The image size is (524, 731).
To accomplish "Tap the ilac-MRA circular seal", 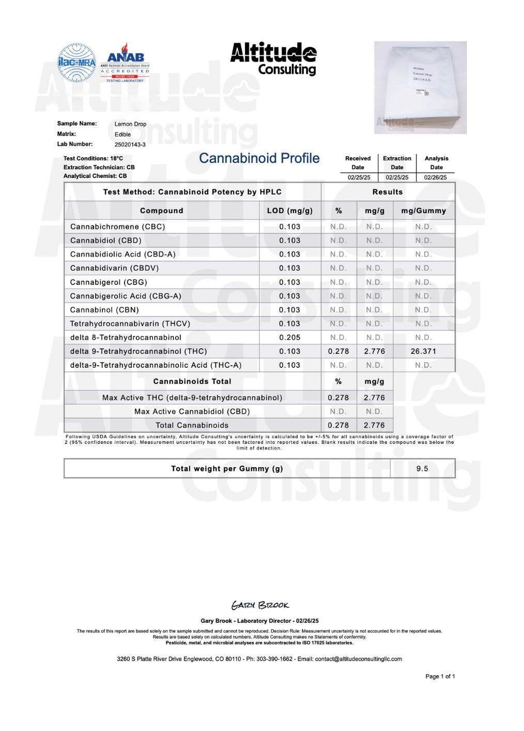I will [76, 63].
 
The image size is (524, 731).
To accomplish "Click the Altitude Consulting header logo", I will [273, 58].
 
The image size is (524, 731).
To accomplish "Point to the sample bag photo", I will [420, 87].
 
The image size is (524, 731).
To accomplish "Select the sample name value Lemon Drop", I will [130, 124].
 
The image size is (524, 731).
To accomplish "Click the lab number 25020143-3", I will [130, 145].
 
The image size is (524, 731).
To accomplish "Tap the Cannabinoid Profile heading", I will [259, 158].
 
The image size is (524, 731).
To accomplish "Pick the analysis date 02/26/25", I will [436, 177].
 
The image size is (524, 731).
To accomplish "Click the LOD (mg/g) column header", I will [289, 211].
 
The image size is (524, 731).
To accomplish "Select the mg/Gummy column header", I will [423, 211].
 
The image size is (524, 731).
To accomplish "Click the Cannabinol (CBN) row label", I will [104, 310].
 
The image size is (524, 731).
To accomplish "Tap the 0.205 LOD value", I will [289, 337].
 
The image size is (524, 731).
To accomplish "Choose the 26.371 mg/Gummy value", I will [423, 351].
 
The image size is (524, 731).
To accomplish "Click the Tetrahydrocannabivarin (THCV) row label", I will [130, 324].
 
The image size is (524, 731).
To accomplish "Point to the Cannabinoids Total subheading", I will [192, 381].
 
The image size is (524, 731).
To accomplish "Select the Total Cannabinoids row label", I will [192, 425].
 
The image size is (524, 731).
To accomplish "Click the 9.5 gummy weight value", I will [422, 469].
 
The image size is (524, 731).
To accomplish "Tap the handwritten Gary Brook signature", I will [260, 605].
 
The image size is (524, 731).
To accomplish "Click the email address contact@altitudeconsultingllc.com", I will [359, 659].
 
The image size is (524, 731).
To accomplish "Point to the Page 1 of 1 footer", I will [440, 676].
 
